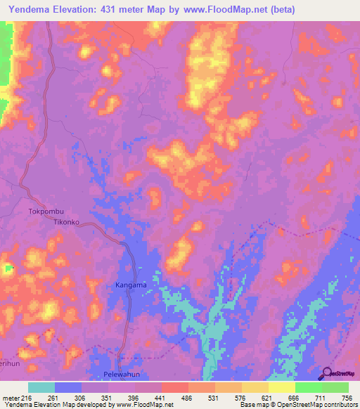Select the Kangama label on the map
pyautogui.click(x=131, y=285)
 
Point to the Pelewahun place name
pyautogui.click(x=124, y=375)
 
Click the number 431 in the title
pyautogui.click(x=124, y=9)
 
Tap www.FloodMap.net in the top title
pyautogui.click(x=229, y=9)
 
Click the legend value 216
pyautogui.click(x=27, y=397)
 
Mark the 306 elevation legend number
pyautogui.click(x=81, y=397)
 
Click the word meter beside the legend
pyautogui.click(x=10, y=397)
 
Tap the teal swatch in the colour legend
pyautogui.click(x=41, y=387)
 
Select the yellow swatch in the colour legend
pyautogui.click(x=282, y=387)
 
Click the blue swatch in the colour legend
pyautogui.click(x=68, y=387)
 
